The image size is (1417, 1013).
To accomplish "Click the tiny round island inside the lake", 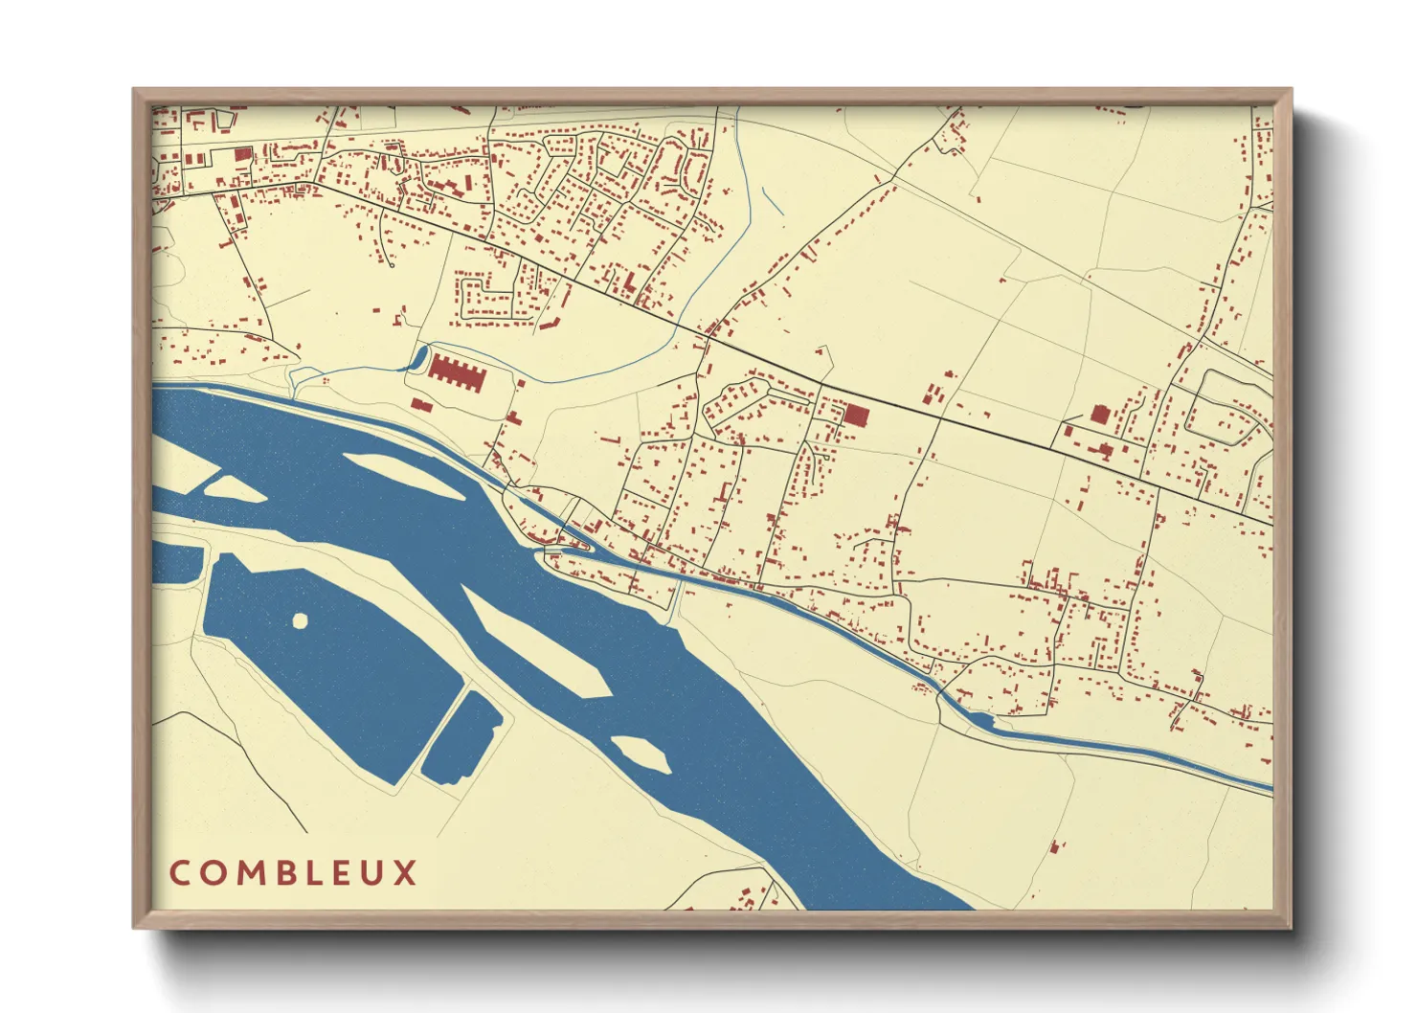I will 300,621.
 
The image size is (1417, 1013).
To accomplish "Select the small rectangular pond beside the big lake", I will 461,737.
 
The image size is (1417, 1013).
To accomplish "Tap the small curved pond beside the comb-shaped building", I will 418,360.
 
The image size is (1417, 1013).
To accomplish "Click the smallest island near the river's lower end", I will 641,754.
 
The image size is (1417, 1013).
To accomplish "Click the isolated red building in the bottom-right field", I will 1056,847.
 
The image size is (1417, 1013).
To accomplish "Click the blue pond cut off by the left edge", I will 175,563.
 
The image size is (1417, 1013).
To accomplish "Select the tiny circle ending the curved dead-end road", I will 392,264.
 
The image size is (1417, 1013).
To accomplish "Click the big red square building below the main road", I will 855,415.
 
